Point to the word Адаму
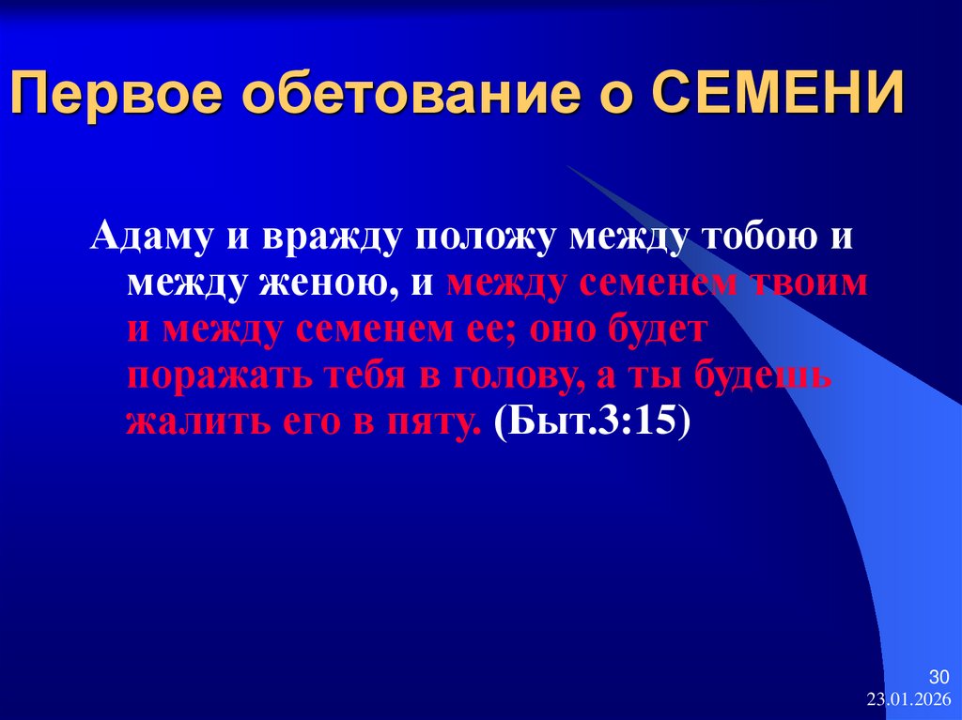pos(152,237)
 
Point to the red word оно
pos(576,329)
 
